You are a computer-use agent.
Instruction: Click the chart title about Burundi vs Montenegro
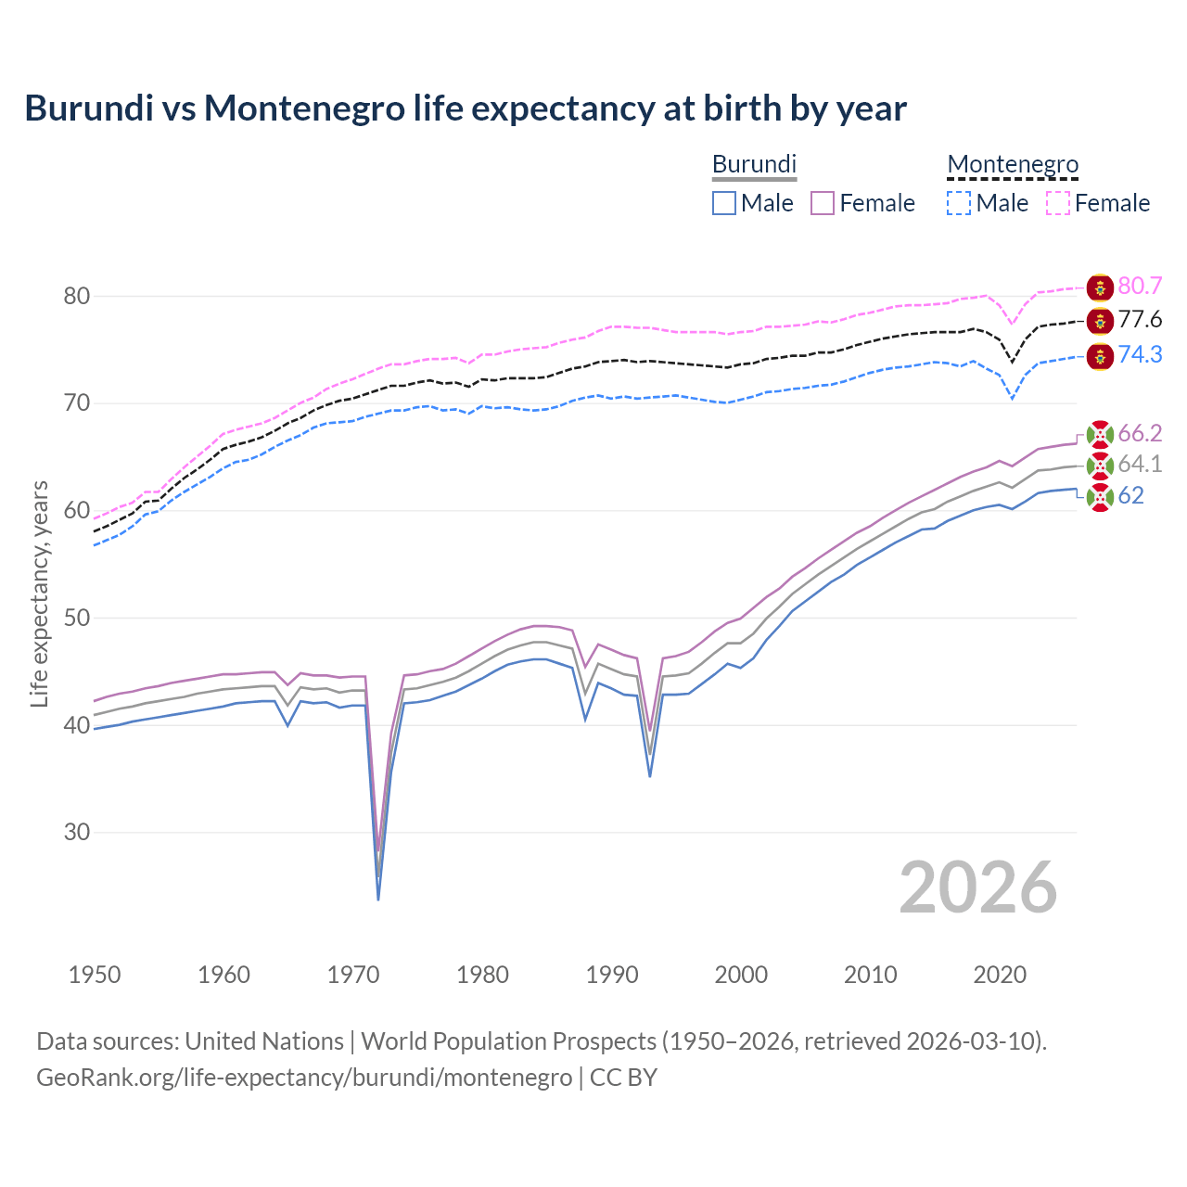pyautogui.click(x=465, y=108)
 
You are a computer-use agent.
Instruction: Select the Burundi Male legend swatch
pyautogui.click(x=724, y=203)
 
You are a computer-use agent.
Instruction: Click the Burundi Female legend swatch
pyautogui.click(x=823, y=203)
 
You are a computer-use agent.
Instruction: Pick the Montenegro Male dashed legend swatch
pyautogui.click(x=959, y=203)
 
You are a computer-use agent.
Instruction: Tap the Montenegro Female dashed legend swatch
pyautogui.click(x=1058, y=203)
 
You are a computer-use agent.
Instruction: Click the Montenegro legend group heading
pyautogui.click(x=1013, y=164)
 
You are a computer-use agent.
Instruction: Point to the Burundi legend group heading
pyautogui.click(x=754, y=164)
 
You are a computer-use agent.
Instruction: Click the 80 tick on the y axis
pyautogui.click(x=77, y=297)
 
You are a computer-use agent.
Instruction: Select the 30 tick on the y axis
pyautogui.click(x=77, y=833)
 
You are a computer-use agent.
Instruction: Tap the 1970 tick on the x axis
pyautogui.click(x=353, y=975)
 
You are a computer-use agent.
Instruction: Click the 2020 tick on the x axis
pyautogui.click(x=1000, y=975)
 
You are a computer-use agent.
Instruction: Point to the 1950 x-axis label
pyautogui.click(x=95, y=975)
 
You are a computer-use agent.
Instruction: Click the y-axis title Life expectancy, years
pyautogui.click(x=39, y=593)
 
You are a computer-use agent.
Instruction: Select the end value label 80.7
pyautogui.click(x=1140, y=286)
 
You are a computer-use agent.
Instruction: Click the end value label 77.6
pyautogui.click(x=1140, y=320)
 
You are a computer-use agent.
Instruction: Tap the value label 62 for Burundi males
pyautogui.click(x=1130, y=496)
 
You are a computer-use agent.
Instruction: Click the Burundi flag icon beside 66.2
pyautogui.click(x=1100, y=434)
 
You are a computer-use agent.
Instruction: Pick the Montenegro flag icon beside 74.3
pyautogui.click(x=1100, y=356)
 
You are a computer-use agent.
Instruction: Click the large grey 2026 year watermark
pyautogui.click(x=978, y=887)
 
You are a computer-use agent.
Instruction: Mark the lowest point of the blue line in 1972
pyautogui.click(x=378, y=899)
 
